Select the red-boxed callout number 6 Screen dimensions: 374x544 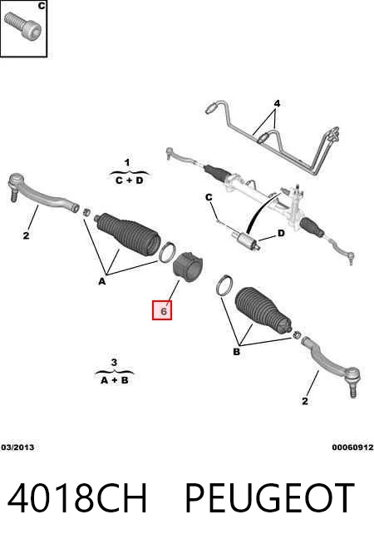pyautogui.click(x=162, y=310)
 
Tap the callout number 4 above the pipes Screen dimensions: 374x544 pyautogui.click(x=277, y=103)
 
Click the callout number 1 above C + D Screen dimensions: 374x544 pyautogui.click(x=127, y=162)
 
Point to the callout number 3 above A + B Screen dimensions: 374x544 pyautogui.click(x=114, y=363)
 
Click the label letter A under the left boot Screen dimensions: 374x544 pyautogui.click(x=101, y=281)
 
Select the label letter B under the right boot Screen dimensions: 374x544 pyautogui.click(x=236, y=352)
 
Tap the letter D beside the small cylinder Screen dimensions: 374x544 pyautogui.click(x=281, y=233)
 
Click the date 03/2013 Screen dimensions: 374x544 pyautogui.click(x=17, y=448)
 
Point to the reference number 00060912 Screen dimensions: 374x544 pyautogui.click(x=352, y=448)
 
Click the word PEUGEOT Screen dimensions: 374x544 pyautogui.click(x=269, y=498)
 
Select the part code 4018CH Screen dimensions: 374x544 pyautogui.click(x=77, y=498)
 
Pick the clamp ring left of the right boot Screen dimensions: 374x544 pyautogui.click(x=224, y=284)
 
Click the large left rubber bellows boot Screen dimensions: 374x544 pyautogui.click(x=128, y=234)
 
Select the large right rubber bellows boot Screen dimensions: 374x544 pyautogui.click(x=264, y=311)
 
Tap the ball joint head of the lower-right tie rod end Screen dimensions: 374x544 pyautogui.click(x=352, y=375)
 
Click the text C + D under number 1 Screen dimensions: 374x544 pyautogui.click(x=129, y=181)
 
